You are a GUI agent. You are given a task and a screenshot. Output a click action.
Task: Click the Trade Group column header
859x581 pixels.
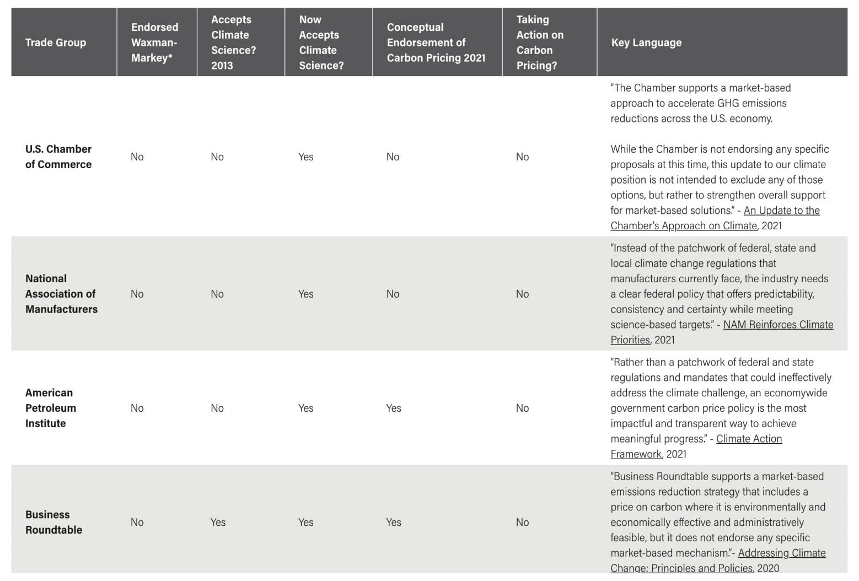point(56,42)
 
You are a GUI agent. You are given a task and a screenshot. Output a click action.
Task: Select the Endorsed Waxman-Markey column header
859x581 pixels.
point(154,42)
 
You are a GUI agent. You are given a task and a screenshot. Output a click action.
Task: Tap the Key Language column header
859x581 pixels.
point(646,42)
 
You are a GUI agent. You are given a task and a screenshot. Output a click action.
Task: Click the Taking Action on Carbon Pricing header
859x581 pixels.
point(539,42)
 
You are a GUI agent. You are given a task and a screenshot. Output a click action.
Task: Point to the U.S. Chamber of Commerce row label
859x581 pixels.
point(58,157)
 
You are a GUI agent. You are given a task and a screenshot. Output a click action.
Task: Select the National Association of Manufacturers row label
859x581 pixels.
point(61,294)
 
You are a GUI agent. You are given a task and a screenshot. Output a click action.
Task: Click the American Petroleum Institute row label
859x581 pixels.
point(51,408)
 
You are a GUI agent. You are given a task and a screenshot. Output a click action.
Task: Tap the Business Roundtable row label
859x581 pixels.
point(53,522)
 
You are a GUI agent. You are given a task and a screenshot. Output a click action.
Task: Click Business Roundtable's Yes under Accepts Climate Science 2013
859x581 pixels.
point(218,522)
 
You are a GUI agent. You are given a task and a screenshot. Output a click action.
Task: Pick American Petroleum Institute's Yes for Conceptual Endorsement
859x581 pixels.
point(394,408)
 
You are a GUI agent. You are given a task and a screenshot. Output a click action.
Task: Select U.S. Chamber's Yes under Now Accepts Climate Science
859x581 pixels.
point(305,157)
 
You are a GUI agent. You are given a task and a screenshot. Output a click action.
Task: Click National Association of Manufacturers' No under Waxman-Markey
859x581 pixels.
point(137,294)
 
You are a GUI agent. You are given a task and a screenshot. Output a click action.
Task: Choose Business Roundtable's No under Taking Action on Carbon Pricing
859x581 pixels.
point(522,522)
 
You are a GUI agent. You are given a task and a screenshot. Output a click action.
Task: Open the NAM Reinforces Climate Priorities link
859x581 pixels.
point(777,325)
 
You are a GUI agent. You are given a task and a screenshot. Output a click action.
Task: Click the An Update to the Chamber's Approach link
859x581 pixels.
point(781,211)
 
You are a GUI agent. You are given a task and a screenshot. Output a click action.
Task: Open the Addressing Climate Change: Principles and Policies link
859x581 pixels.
point(781,553)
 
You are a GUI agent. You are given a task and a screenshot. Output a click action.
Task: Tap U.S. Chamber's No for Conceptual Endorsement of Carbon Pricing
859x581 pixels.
point(393,157)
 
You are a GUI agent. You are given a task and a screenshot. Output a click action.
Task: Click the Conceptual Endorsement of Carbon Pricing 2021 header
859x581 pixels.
point(436,42)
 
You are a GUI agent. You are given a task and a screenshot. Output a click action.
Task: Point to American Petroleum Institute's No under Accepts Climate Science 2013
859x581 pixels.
point(217,408)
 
